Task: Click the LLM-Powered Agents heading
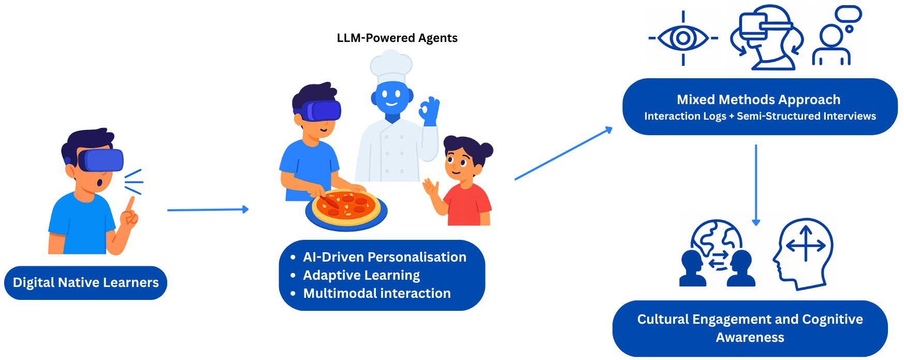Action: (x=397, y=38)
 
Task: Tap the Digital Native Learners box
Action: (x=85, y=283)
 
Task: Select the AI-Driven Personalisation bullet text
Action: (x=385, y=257)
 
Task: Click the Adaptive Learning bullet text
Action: (x=361, y=275)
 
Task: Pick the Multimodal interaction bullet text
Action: (x=377, y=293)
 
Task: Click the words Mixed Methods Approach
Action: (x=759, y=99)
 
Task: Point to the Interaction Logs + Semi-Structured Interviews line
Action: (x=760, y=117)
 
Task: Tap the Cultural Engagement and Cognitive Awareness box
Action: (x=750, y=328)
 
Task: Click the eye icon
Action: (x=683, y=38)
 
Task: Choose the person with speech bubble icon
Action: (x=835, y=36)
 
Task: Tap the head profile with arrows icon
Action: (x=804, y=254)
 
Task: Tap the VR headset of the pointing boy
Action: (x=101, y=160)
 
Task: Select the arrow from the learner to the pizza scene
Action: (x=208, y=210)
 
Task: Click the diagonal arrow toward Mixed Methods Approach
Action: (x=563, y=154)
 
